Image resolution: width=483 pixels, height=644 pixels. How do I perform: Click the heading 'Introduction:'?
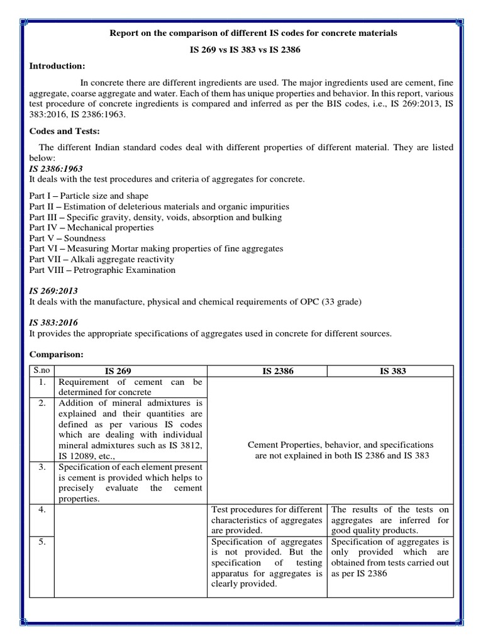point(57,66)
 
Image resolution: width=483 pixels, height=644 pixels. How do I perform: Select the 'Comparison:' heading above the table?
point(57,355)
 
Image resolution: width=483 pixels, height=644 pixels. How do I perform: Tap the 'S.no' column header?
point(42,371)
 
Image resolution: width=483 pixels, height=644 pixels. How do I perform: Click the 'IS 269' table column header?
point(131,371)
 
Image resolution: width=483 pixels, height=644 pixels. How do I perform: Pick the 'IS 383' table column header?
point(392,371)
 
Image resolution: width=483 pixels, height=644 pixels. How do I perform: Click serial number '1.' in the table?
point(43,382)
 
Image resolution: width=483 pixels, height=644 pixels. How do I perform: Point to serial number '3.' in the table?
point(43,467)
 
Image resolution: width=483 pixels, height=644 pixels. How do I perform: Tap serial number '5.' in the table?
point(43,542)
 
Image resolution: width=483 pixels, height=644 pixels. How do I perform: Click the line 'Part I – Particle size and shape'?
point(89,196)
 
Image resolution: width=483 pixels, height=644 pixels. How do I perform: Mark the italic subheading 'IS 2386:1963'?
point(56,169)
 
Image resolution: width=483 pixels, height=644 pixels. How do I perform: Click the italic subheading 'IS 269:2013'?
point(53,291)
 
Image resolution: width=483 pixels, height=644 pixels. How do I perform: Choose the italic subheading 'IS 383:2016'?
point(53,323)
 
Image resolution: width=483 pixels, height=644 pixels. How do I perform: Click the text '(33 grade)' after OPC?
point(341,302)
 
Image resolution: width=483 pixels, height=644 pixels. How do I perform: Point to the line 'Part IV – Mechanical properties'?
point(91,228)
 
